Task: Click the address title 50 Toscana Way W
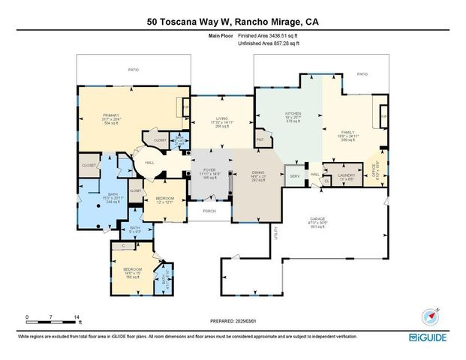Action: [233, 22]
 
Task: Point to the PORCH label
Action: [209, 211]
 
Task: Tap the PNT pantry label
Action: [260, 139]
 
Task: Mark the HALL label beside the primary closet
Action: [149, 161]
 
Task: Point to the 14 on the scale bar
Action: [77, 316]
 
